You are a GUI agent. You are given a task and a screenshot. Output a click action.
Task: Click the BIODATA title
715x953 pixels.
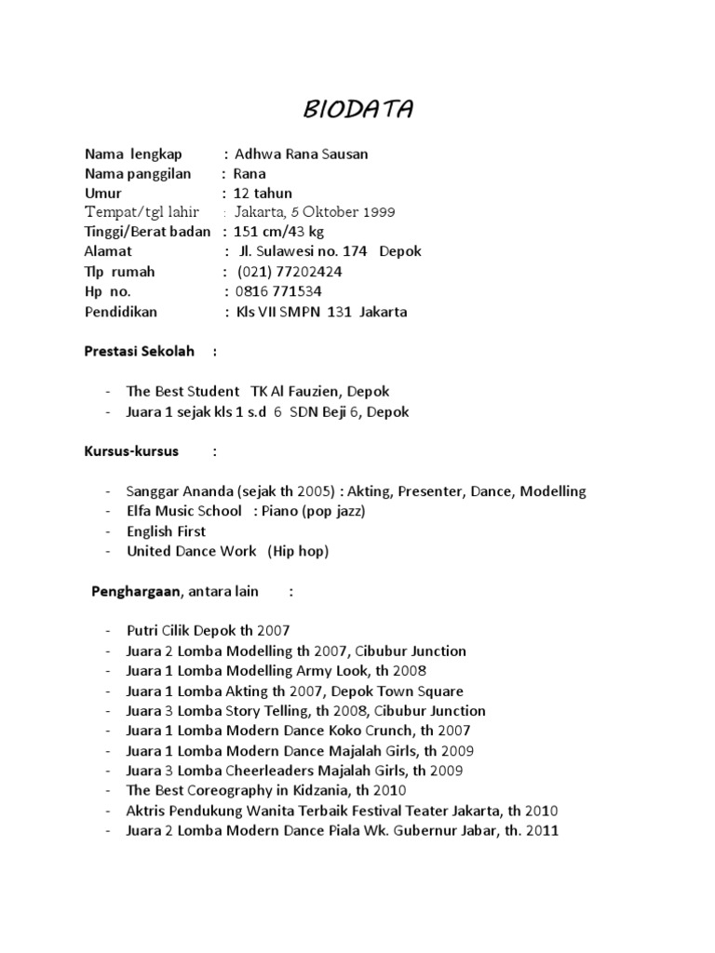[358, 110]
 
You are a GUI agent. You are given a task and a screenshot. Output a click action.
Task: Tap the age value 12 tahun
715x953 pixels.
[263, 193]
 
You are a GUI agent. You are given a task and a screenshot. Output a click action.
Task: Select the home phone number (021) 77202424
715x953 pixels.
[290, 272]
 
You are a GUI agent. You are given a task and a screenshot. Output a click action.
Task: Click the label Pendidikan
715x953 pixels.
[121, 312]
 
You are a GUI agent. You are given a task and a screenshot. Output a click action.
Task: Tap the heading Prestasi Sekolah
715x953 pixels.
[140, 352]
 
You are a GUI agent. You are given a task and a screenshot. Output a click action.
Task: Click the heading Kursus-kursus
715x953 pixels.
[131, 451]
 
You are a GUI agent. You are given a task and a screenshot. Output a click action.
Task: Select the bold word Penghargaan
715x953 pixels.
[137, 591]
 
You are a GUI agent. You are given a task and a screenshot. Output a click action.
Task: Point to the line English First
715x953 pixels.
[167, 531]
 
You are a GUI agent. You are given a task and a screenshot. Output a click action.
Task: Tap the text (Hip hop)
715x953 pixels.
[298, 551]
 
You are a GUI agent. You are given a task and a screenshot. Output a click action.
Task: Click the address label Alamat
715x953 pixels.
[108, 251]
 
